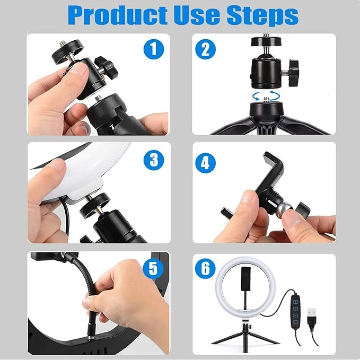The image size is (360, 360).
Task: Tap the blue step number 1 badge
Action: (x=153, y=50)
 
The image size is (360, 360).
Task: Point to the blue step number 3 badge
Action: (x=153, y=159)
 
